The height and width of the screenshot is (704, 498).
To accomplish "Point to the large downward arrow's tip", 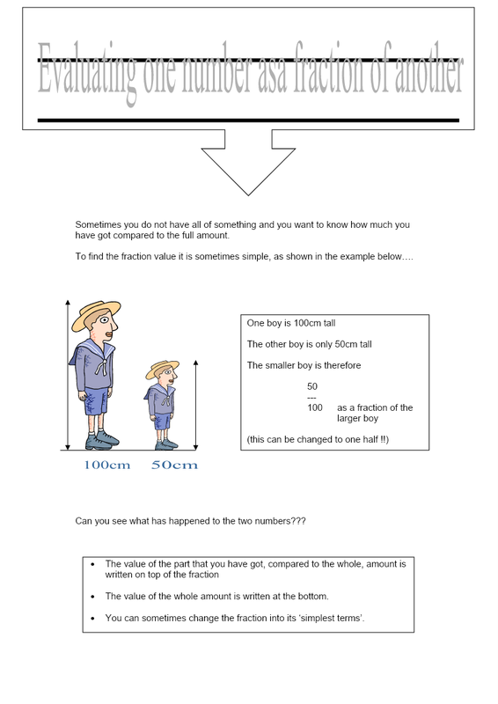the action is point(248,194).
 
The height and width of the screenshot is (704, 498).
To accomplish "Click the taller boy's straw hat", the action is point(96,314).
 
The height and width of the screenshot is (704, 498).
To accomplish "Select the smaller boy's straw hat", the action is point(162,369).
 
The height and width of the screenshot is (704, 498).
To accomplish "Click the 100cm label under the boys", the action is point(106,465).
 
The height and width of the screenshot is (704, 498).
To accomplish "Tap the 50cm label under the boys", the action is point(175,465).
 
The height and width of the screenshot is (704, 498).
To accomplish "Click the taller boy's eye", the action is point(105,320).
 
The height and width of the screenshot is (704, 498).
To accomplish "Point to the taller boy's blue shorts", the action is point(96,400).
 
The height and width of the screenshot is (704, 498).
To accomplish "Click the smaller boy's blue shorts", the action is point(163,422).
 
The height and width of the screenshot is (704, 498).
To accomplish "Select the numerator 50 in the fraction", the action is point(312,386).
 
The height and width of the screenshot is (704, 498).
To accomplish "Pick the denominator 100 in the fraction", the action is point(315,407).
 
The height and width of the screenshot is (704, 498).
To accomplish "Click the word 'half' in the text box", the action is point(370,439).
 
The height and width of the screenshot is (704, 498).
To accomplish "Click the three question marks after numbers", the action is point(298,521).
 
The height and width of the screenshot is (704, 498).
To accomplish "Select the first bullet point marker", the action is point(93,564).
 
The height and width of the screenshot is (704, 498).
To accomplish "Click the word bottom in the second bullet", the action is point(312,597).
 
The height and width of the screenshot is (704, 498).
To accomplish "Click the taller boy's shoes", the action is point(102,440).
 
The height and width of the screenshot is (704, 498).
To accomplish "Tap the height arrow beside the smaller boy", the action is point(195,405).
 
